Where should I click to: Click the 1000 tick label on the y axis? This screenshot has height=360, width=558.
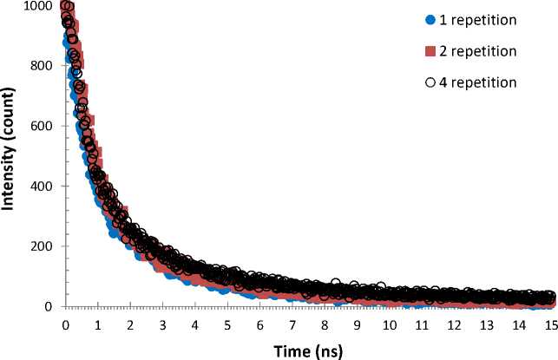[39, 6]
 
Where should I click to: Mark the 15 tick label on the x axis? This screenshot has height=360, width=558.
[552, 324]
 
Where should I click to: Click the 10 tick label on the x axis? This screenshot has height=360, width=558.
[390, 324]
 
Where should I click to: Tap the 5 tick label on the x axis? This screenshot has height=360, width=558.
[227, 324]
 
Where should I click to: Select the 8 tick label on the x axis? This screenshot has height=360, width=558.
[325, 324]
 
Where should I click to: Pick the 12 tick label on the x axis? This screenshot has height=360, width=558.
[455, 324]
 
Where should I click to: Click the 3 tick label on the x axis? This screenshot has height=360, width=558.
[162, 324]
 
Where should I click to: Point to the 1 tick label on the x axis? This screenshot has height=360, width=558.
[97, 324]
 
